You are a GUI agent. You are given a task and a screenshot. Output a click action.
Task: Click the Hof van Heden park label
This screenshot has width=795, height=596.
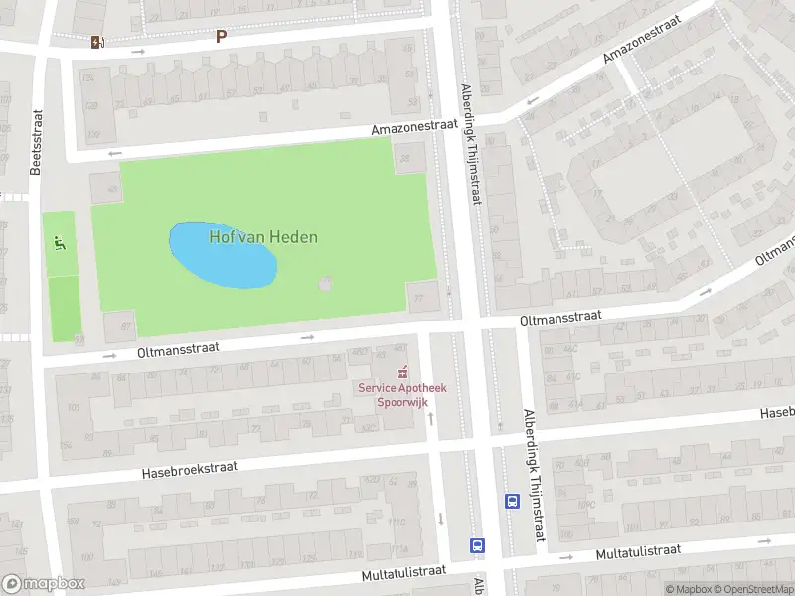(263, 237)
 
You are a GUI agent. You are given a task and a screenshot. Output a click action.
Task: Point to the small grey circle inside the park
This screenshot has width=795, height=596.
(325, 286)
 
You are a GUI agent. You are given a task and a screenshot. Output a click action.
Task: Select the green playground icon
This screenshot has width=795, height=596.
(60, 242)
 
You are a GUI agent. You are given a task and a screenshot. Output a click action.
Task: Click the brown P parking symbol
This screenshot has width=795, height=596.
(221, 36)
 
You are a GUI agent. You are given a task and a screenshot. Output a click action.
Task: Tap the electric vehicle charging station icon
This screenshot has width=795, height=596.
(96, 42)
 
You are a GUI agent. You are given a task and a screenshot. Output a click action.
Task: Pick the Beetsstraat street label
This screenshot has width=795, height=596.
(36, 143)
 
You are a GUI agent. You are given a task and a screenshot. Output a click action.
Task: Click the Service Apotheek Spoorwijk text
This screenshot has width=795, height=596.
(402, 394)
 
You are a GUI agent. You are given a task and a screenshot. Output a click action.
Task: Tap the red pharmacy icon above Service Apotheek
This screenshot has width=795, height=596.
(402, 373)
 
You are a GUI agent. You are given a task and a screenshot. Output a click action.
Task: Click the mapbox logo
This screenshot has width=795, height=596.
(44, 584)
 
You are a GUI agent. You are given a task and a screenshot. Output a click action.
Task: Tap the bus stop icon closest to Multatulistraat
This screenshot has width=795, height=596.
(478, 545)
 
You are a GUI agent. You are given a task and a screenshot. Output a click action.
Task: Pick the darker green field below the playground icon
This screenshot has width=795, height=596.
(64, 309)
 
